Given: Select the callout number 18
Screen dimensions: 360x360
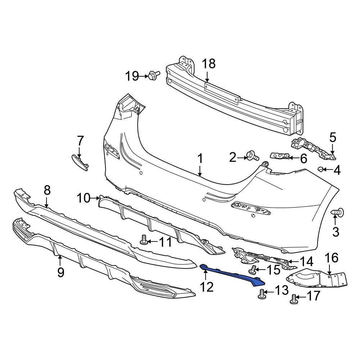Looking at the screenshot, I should click(x=208, y=64).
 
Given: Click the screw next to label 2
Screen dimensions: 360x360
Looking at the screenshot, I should click(x=252, y=157).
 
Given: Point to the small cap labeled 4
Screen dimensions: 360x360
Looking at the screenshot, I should click(x=320, y=169).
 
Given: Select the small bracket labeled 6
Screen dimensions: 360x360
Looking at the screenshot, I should click(x=279, y=156).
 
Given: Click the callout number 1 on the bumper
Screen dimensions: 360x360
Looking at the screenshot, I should click(x=200, y=159).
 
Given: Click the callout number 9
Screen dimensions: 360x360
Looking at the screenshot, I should click(x=60, y=273).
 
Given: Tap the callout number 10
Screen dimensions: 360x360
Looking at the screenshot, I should click(x=84, y=198).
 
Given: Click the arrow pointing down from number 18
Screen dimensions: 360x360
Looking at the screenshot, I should click(x=207, y=76).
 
